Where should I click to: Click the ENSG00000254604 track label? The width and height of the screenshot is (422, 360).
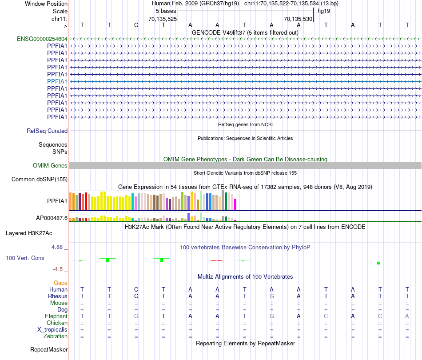pyautogui.click(x=42, y=39)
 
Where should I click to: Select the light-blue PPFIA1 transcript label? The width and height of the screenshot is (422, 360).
pyautogui.click(x=57, y=81)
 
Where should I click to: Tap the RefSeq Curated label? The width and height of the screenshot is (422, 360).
pyautogui.click(x=47, y=131)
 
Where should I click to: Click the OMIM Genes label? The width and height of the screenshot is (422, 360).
pyautogui.click(x=50, y=166)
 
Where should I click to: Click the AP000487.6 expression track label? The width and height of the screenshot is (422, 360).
pyautogui.click(x=52, y=218)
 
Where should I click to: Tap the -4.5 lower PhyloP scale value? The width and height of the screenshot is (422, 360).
pyautogui.click(x=60, y=269)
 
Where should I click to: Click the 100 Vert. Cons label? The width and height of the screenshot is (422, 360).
pyautogui.click(x=25, y=258)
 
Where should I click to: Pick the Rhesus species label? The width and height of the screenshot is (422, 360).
pyautogui.click(x=58, y=296)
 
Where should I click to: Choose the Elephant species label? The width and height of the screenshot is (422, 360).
pyautogui.click(x=56, y=316)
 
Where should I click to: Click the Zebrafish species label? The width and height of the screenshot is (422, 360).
pyautogui.click(x=56, y=336)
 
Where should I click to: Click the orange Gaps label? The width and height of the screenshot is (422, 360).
pyautogui.click(x=60, y=283)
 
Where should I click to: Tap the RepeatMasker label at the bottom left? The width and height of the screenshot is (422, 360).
pyautogui.click(x=49, y=350)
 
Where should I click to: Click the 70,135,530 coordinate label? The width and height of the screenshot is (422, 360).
pyautogui.click(x=298, y=19)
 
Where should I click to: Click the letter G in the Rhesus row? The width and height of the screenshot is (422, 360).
pyautogui.click(x=271, y=296)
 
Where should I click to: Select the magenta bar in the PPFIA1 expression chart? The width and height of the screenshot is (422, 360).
pyautogui.click(x=235, y=204)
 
